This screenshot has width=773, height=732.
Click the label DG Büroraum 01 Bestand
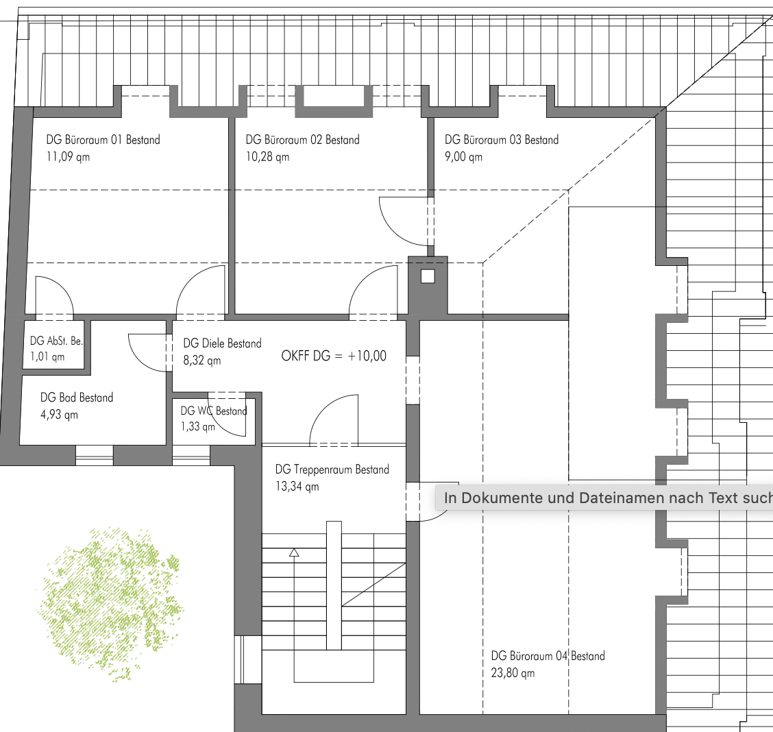tap(103, 140)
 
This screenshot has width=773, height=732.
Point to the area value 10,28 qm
tap(267, 157)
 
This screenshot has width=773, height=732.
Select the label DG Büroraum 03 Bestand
tap(502, 140)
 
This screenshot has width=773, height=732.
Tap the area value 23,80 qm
tap(513, 673)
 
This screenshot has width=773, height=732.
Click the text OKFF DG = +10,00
tap(334, 356)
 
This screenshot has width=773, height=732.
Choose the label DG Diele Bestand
tap(222, 343)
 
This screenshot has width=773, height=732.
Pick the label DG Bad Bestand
tap(77, 398)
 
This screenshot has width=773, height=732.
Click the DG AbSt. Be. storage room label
tap(56, 341)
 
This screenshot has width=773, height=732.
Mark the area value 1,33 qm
tap(197, 426)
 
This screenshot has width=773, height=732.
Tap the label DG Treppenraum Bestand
tap(332, 469)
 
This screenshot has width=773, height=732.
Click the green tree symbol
tap(110, 604)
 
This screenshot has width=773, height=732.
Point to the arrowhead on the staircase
tap(294, 552)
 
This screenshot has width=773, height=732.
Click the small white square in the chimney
tap(428, 276)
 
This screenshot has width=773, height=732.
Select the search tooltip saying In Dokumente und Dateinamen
tap(604, 498)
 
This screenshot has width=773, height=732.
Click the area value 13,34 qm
tap(297, 487)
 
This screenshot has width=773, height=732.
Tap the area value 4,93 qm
tap(59, 415)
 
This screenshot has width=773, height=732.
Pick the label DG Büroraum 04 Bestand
tap(548, 656)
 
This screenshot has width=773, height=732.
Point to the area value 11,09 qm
tap(68, 157)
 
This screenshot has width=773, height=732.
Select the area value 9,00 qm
tap(463, 157)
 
